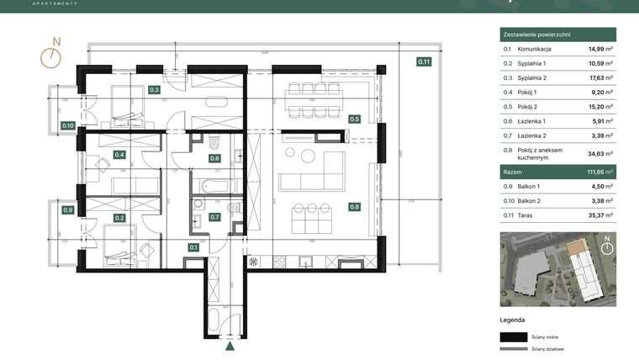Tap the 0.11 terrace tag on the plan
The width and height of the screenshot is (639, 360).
424,61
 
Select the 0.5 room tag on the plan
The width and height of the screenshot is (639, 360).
354,119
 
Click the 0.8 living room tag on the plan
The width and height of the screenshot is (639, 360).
354,206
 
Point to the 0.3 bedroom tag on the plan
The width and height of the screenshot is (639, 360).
154,89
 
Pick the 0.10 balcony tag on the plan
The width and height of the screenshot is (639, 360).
68,126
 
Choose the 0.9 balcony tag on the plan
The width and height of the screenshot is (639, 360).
68,209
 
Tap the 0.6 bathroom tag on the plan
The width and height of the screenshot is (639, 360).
214,158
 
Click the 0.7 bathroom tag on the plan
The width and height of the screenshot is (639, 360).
214,217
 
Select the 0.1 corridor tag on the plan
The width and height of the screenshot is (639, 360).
193,247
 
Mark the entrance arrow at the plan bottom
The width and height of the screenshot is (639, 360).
230,345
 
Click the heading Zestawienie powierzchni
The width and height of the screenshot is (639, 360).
537,34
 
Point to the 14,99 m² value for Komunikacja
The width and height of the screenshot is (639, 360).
600,50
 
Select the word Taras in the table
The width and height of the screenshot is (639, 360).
525,215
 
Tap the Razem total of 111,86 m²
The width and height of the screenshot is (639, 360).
600,171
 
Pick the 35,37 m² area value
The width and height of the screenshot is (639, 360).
600,215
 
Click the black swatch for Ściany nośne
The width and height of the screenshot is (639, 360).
512,336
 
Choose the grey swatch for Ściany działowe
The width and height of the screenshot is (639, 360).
512,348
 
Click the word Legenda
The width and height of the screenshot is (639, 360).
512,320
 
